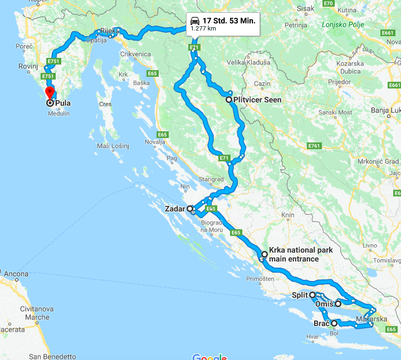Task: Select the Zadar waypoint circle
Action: point(190,209)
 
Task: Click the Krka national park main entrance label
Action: point(300,254)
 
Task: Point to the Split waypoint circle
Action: point(313,295)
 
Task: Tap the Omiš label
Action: point(324,304)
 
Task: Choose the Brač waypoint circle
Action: point(334,323)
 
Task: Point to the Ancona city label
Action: point(16,274)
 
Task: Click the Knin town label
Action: point(287,215)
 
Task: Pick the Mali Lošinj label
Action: point(113,146)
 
